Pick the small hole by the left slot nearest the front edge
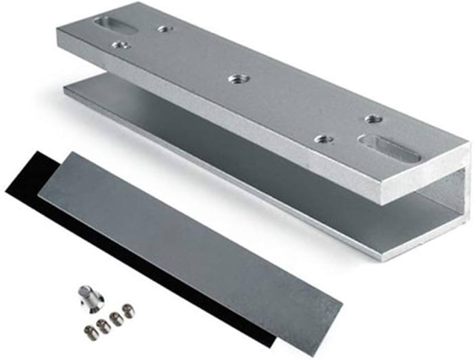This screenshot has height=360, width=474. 121,46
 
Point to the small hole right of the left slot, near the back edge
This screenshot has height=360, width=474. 165,29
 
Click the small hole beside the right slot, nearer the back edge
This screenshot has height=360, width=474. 374,119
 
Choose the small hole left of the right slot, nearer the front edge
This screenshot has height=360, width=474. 324,139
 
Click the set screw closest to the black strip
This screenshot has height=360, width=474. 128,310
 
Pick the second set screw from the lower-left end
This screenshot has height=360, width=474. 103,325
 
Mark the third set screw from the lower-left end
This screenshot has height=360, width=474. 116,318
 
